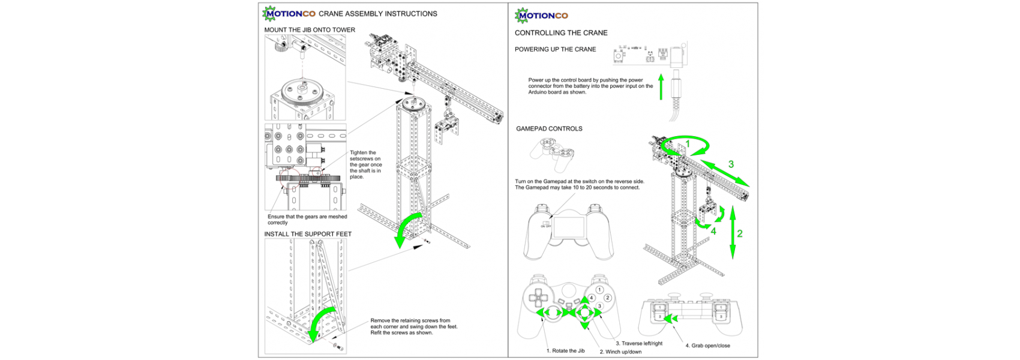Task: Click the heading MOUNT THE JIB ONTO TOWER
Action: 310,30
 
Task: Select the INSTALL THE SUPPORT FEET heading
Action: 308,234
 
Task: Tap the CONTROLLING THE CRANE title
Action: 561,33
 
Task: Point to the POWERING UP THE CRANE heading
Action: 555,49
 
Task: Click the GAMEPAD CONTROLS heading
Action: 549,128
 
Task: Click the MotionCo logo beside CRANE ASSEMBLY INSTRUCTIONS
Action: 289,13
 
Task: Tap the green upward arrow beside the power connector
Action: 661,87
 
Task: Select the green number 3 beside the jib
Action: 731,164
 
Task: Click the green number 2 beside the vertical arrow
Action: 740,234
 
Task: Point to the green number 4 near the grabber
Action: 713,231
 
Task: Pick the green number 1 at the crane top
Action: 688,144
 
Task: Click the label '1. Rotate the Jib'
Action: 565,351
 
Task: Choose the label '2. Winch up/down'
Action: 620,352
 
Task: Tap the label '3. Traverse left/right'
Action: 639,344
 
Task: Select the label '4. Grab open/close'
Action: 707,346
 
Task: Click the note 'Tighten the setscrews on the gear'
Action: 365,164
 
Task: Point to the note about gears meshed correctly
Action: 307,220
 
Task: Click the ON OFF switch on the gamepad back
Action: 546,225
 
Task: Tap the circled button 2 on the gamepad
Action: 607,298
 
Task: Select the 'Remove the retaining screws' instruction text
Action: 413,326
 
